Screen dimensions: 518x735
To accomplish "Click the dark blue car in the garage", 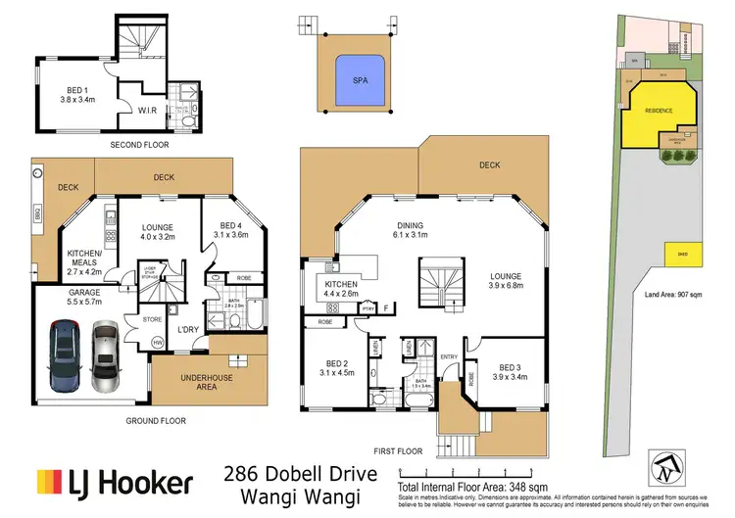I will coord(64,351).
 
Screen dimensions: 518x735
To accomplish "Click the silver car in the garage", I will coord(106,351).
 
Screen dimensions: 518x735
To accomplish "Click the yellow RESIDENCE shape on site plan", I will coord(660,111).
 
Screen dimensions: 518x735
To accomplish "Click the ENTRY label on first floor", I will coord(450,356).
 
